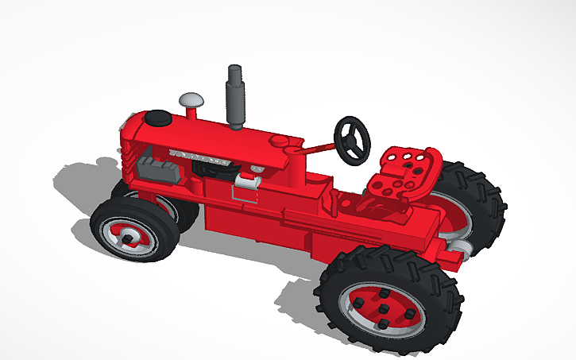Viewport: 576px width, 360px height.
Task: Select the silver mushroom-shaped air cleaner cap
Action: (191, 100)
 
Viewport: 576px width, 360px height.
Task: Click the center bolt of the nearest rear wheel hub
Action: (383, 308)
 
